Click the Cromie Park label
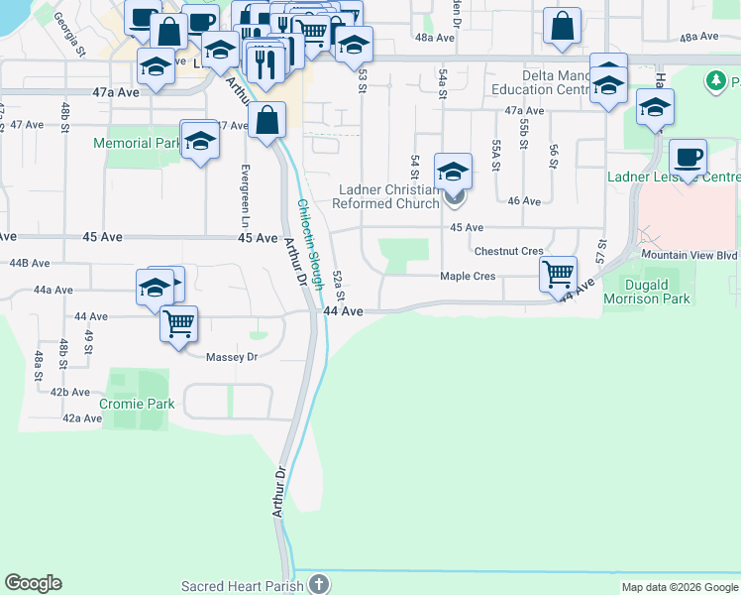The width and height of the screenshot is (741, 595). (x=137, y=404)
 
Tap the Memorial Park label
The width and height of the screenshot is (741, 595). (x=137, y=143)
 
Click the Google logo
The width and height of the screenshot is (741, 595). (x=33, y=584)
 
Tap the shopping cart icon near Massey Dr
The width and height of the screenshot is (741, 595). (x=178, y=323)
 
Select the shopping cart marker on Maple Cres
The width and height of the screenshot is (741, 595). (x=559, y=273)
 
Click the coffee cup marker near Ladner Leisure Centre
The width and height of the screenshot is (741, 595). (x=688, y=157)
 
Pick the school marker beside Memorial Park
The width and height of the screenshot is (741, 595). (x=199, y=140)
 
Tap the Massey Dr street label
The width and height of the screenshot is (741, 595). (x=232, y=357)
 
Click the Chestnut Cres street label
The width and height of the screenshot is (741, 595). (x=509, y=252)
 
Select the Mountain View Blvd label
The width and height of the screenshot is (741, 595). (x=690, y=255)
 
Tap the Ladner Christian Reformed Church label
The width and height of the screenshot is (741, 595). (x=388, y=197)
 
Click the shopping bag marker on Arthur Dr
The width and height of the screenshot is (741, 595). (x=267, y=121)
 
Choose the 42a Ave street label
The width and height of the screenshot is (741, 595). (x=82, y=418)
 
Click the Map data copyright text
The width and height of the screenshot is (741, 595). (x=679, y=587)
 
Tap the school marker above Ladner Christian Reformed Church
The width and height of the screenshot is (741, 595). (x=453, y=172)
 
